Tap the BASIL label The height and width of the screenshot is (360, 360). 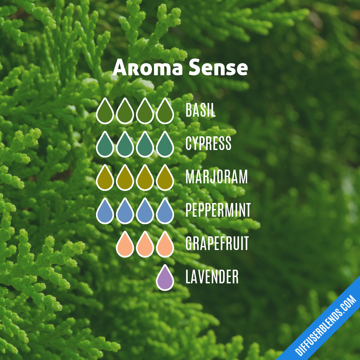click(200, 110)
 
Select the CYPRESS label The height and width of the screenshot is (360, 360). click(208, 144)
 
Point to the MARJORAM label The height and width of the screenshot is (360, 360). click(217, 177)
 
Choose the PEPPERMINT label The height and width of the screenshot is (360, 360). click(218, 210)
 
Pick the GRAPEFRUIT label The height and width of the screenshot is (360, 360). click(217, 244)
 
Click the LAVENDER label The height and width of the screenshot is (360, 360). click(212, 277)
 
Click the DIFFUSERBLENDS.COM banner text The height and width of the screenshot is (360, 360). click(326, 325)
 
